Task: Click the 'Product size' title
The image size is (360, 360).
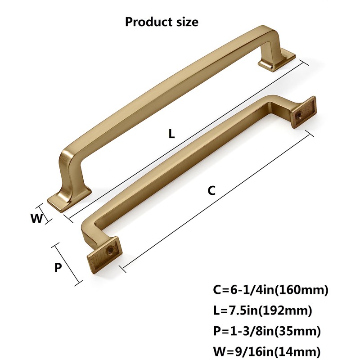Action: (x=162, y=21)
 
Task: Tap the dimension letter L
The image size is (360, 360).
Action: (x=171, y=134)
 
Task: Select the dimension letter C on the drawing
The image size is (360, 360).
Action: (x=211, y=190)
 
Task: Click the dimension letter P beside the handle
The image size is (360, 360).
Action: (x=58, y=268)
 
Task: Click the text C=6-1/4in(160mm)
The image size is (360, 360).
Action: (x=271, y=289)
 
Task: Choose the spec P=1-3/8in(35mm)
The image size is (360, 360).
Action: (x=267, y=332)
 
